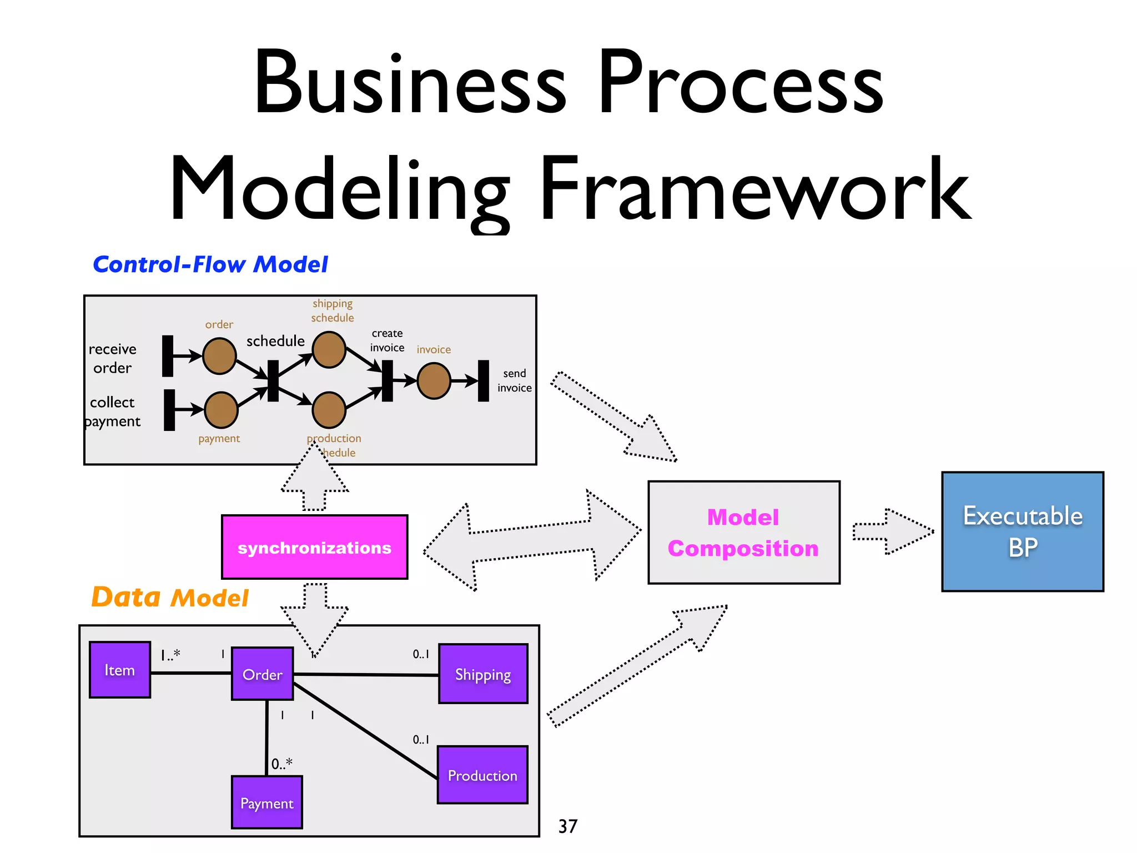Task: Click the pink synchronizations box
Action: click(x=314, y=547)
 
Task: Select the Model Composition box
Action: click(x=743, y=532)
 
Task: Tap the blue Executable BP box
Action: click(x=1022, y=531)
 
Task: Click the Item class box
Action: click(x=120, y=670)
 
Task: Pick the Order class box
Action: click(x=262, y=674)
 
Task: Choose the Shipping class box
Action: click(x=483, y=674)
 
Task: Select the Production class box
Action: click(x=482, y=775)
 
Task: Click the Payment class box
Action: click(x=266, y=802)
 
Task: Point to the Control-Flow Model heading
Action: click(x=210, y=264)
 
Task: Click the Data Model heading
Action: click(x=169, y=598)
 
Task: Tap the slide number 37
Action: click(x=567, y=826)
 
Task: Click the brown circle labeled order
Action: click(x=219, y=356)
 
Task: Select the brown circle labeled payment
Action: click(x=221, y=410)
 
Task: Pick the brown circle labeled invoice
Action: click(x=434, y=380)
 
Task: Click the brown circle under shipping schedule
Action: click(x=329, y=350)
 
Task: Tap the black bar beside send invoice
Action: click(x=484, y=380)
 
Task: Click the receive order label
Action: click(x=113, y=358)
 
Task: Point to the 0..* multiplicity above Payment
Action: click(x=281, y=764)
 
